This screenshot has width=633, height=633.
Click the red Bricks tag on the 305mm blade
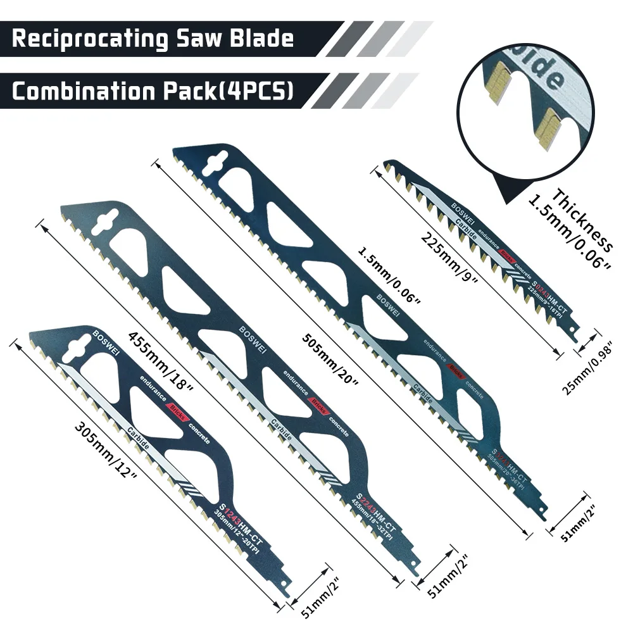pos(177,411)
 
